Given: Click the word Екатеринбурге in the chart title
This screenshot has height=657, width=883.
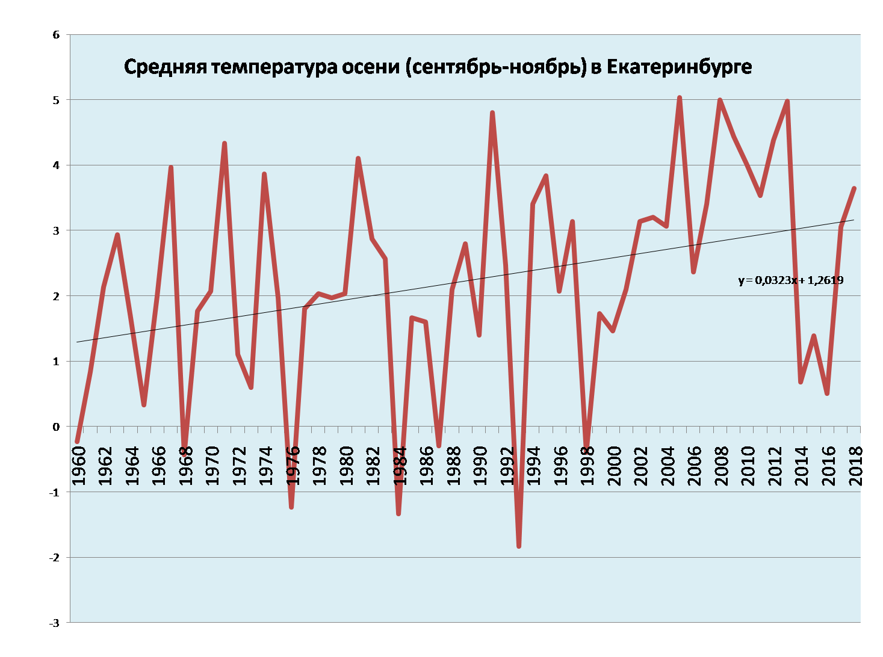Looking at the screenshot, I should coord(678,67).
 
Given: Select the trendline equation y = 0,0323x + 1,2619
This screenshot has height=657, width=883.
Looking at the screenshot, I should coord(791,280).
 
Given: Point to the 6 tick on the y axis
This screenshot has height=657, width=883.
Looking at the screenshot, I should coord(57,35).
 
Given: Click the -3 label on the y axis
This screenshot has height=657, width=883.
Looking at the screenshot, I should coord(55,623).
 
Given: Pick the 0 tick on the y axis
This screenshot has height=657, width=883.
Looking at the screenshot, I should coord(57,427).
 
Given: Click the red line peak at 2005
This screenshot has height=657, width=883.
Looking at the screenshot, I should coord(680,97).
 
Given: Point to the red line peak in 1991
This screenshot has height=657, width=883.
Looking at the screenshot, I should coord(492,113).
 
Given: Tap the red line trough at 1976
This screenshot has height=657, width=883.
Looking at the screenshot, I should coord(291,507).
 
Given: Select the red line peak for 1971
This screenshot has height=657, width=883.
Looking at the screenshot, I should coord(225,143).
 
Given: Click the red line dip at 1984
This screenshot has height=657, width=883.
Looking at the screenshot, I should coord(398,513).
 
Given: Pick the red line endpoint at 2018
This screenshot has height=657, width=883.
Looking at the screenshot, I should coord(854,188).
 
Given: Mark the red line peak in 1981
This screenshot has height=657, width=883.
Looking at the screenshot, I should coord(358,158).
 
